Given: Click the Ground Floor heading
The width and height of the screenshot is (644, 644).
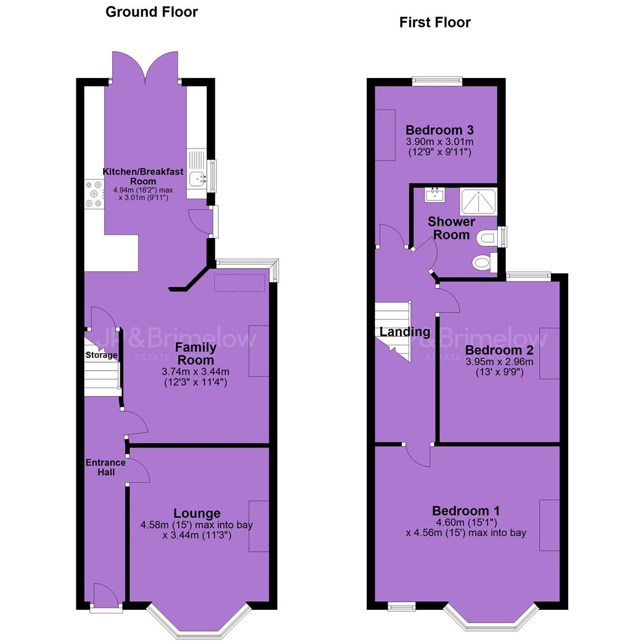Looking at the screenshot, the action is tap(151, 12).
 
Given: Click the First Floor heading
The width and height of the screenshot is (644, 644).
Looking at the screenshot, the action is tap(435, 22).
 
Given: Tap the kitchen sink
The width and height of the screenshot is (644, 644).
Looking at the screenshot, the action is tap(197, 178).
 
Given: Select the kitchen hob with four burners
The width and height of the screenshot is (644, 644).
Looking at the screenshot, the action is tap(94, 194).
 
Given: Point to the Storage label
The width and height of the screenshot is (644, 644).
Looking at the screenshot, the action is tap(101, 355).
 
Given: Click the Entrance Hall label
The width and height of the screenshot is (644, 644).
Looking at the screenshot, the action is tap(106, 467).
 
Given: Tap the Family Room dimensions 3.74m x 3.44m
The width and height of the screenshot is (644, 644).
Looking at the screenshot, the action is tap(196, 372).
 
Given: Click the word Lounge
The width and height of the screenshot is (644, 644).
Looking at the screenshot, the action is tap(197, 513).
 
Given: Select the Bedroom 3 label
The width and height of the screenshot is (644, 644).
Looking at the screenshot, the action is tap(439, 130).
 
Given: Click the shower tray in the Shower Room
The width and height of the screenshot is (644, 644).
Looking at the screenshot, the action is tap(478, 202).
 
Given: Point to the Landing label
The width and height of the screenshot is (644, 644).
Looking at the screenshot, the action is tap(404, 332).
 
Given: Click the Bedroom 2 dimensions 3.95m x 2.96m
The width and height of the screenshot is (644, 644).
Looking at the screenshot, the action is tap(500, 362).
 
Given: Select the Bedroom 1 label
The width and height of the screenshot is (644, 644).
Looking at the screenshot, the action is tap(466, 511).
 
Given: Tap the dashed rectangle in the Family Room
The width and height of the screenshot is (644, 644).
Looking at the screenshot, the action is tap(240, 283).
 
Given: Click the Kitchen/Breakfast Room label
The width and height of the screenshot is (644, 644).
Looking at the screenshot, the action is tap(143, 176).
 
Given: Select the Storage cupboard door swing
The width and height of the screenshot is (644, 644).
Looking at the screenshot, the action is tap(103, 316).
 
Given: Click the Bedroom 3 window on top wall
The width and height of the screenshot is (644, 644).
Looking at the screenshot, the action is tap(438, 81).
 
